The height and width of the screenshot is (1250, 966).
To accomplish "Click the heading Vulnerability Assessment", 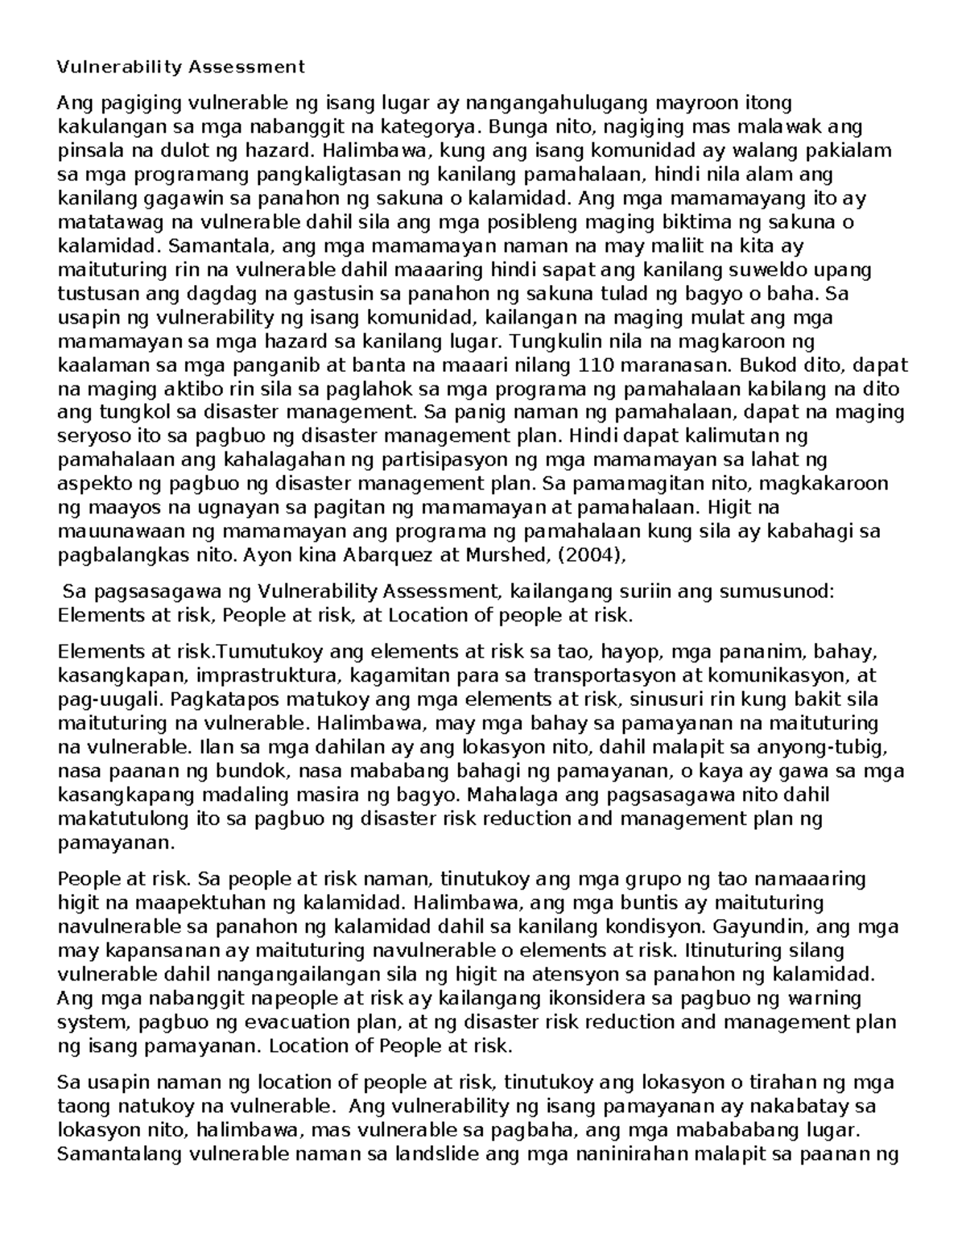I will coord(180,67).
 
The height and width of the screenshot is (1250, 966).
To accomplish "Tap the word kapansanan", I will coord(144,951).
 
